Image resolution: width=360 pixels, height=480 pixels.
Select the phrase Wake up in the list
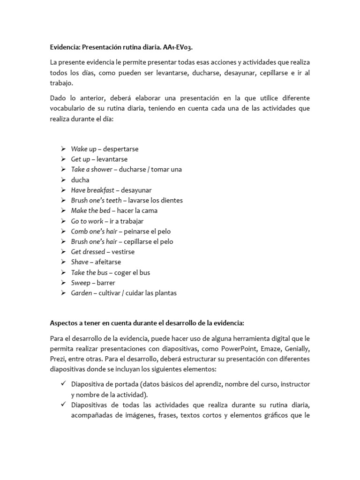(x=83, y=149)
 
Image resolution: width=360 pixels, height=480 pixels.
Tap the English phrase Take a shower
(x=91, y=170)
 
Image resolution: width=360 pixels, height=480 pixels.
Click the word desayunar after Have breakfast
(x=136, y=190)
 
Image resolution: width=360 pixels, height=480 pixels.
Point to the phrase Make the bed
(x=90, y=211)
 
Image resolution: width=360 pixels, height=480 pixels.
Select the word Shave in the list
(x=79, y=262)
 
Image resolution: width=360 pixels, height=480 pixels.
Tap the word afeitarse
(x=108, y=262)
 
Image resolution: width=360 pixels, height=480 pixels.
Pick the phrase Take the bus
(x=90, y=273)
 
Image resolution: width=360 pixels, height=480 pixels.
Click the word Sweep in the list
(x=80, y=283)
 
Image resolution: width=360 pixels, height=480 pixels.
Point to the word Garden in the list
(x=82, y=293)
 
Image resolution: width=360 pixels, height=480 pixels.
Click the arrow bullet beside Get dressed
(x=63, y=252)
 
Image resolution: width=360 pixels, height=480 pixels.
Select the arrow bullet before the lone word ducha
(x=63, y=180)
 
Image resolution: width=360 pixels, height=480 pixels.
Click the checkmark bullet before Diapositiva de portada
(x=63, y=384)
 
